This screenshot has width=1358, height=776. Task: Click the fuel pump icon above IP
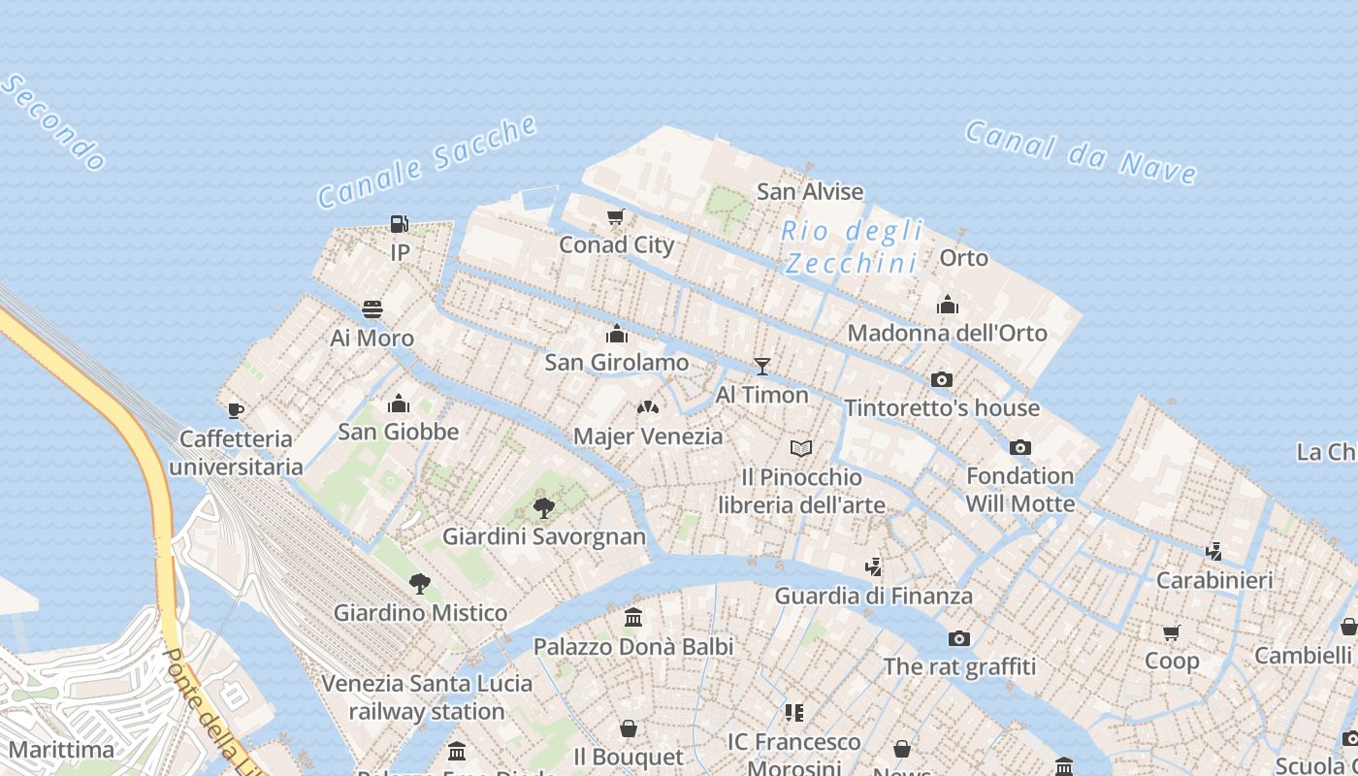[399, 224]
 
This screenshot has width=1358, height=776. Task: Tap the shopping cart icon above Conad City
[615, 216]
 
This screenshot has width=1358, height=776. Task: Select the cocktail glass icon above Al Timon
[762, 366]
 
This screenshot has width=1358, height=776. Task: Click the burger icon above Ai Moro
[372, 309]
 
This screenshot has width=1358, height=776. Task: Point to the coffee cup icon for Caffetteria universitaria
[236, 410]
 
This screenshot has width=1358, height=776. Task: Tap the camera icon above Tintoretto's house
[941, 379]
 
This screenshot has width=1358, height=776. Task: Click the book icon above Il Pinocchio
[801, 448]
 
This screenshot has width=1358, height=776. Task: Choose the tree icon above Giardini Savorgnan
[544, 507]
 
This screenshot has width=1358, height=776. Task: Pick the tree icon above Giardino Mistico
[420, 583]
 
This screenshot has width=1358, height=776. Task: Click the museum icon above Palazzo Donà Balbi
[633, 617]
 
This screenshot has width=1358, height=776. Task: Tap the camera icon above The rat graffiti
[959, 638]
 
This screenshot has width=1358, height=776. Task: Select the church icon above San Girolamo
[616, 335]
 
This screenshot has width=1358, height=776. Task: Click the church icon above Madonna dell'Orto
[948, 305]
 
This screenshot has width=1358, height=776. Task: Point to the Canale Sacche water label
[428, 162]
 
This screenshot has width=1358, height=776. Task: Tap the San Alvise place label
[810, 192]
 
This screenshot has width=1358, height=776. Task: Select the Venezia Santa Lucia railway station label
[427, 696]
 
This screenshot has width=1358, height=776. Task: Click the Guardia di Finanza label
[873, 596]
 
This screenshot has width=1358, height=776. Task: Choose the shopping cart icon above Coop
[1172, 632]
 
